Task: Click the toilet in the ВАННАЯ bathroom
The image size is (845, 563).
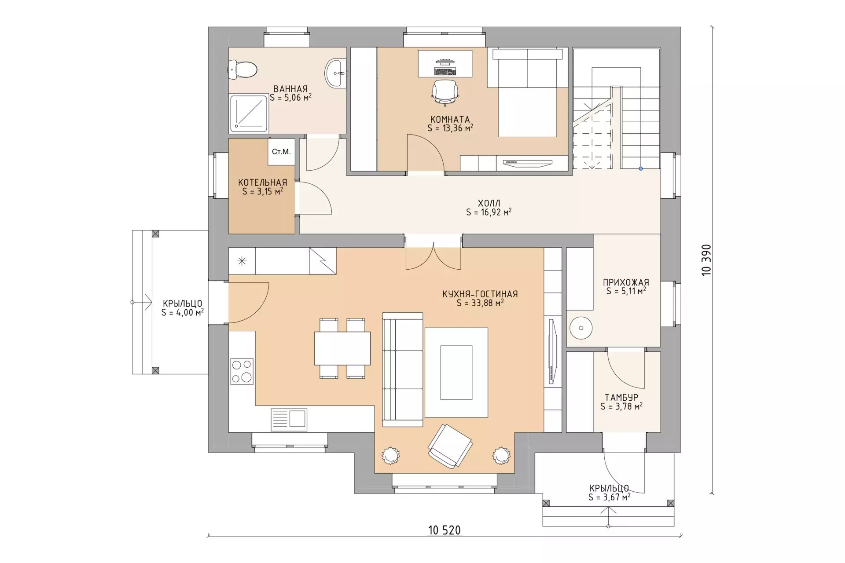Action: pos(242,69)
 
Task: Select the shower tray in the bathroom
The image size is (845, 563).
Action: pos(249,113)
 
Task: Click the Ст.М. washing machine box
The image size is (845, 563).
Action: pos(281,152)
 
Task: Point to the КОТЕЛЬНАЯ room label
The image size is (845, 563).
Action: pos(262,182)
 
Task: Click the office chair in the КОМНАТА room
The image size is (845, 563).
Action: pos(445,92)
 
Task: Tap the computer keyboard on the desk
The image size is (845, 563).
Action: pos(445,70)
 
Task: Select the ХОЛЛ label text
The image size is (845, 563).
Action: pos(489,203)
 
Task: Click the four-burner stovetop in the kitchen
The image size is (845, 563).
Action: pos(242,371)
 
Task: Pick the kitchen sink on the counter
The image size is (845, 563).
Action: pos(289,418)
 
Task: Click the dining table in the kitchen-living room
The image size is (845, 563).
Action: pos(342,348)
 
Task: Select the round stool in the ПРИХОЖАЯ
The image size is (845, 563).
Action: pos(581,328)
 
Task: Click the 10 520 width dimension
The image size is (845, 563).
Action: pos(445,530)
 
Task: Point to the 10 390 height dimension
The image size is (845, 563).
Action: pos(706,260)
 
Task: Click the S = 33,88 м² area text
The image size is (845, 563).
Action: pos(480,303)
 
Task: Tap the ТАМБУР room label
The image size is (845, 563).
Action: pos(621,398)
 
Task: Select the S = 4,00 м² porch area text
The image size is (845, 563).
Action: pos(182,312)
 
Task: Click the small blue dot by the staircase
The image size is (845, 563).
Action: pos(640,168)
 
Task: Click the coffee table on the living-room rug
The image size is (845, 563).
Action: pos(456,373)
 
